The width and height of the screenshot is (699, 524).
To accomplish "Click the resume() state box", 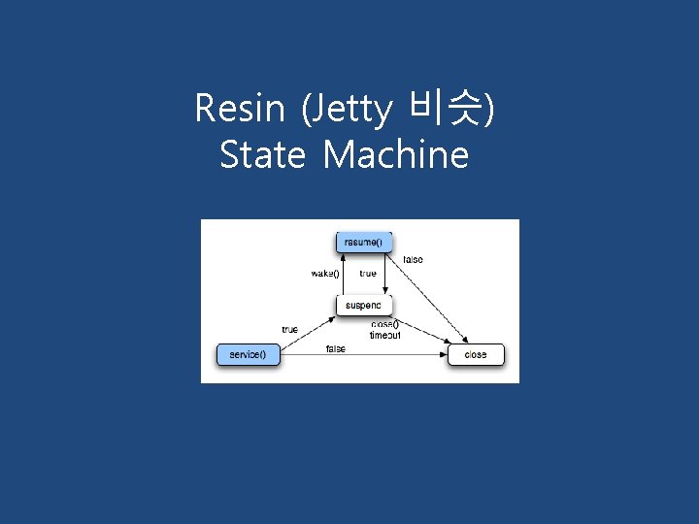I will [364, 242].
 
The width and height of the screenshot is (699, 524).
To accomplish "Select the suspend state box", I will [364, 305].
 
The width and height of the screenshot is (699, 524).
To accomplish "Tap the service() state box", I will [248, 354].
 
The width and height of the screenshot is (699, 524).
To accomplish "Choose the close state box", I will [476, 354].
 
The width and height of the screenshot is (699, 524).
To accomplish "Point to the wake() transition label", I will [325, 274].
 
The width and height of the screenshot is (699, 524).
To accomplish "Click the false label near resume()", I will [413, 260].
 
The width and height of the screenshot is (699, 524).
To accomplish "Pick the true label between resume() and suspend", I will [368, 274].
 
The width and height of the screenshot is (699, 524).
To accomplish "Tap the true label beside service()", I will [289, 330].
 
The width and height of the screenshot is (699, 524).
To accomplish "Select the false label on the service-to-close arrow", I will [336, 348].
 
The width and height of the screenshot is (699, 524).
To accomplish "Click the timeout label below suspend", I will [384, 335].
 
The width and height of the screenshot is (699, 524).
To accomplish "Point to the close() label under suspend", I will [384, 324].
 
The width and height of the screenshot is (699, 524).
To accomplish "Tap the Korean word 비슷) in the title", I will [452, 109].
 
